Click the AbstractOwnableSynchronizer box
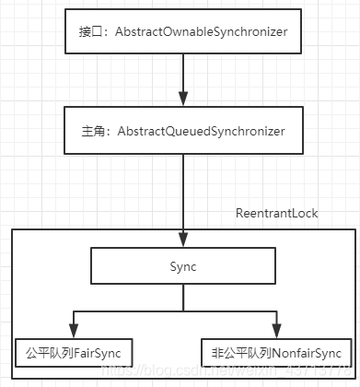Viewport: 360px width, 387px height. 183,32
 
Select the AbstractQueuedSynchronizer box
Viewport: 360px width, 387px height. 183,132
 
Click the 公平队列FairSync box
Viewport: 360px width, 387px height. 75,352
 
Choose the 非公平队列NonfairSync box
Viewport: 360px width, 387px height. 275,352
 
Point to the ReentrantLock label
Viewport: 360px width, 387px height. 277,213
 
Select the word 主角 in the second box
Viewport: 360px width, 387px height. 90,132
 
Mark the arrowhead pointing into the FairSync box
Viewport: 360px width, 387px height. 75,333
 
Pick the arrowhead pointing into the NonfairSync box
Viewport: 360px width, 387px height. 275,333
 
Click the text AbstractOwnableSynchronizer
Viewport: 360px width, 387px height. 203,32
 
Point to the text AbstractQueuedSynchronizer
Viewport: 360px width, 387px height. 202,132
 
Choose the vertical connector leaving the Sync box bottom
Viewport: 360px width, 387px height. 183,300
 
